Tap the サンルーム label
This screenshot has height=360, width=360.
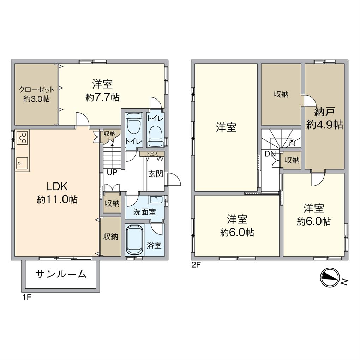click(61, 274)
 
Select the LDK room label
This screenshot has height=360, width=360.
click(57, 186)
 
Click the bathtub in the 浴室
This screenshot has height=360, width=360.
click(134, 240)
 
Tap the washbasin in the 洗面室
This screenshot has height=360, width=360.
click(156, 200)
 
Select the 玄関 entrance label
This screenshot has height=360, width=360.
click(155, 174)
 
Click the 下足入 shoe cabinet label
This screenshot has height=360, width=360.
click(152, 154)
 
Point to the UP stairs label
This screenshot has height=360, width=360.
click(112, 172)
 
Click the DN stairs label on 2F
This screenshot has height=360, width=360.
click(270, 154)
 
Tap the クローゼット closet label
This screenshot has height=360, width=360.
click(36, 90)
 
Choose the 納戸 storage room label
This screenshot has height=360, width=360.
click(324, 112)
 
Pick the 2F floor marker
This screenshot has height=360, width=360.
click(196, 265)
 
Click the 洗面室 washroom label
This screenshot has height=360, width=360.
click(144, 212)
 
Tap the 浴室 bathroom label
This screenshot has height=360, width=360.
click(154, 246)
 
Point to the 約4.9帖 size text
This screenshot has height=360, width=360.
click(325, 125)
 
